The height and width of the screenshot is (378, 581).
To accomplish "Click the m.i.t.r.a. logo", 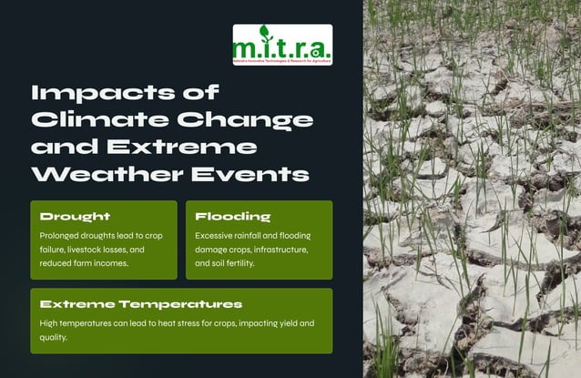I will pos(282,45).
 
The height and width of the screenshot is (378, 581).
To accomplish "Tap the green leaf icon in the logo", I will pos(264,33).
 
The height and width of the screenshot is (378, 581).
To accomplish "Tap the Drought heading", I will pos(75,217).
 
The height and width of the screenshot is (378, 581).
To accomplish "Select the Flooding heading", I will pos(233,217).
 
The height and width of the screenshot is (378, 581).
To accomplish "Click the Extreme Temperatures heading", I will pos(140,303).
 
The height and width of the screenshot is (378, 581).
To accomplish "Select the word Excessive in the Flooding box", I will pos(217,235).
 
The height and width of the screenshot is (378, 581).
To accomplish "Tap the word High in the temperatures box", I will pos(50,323).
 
